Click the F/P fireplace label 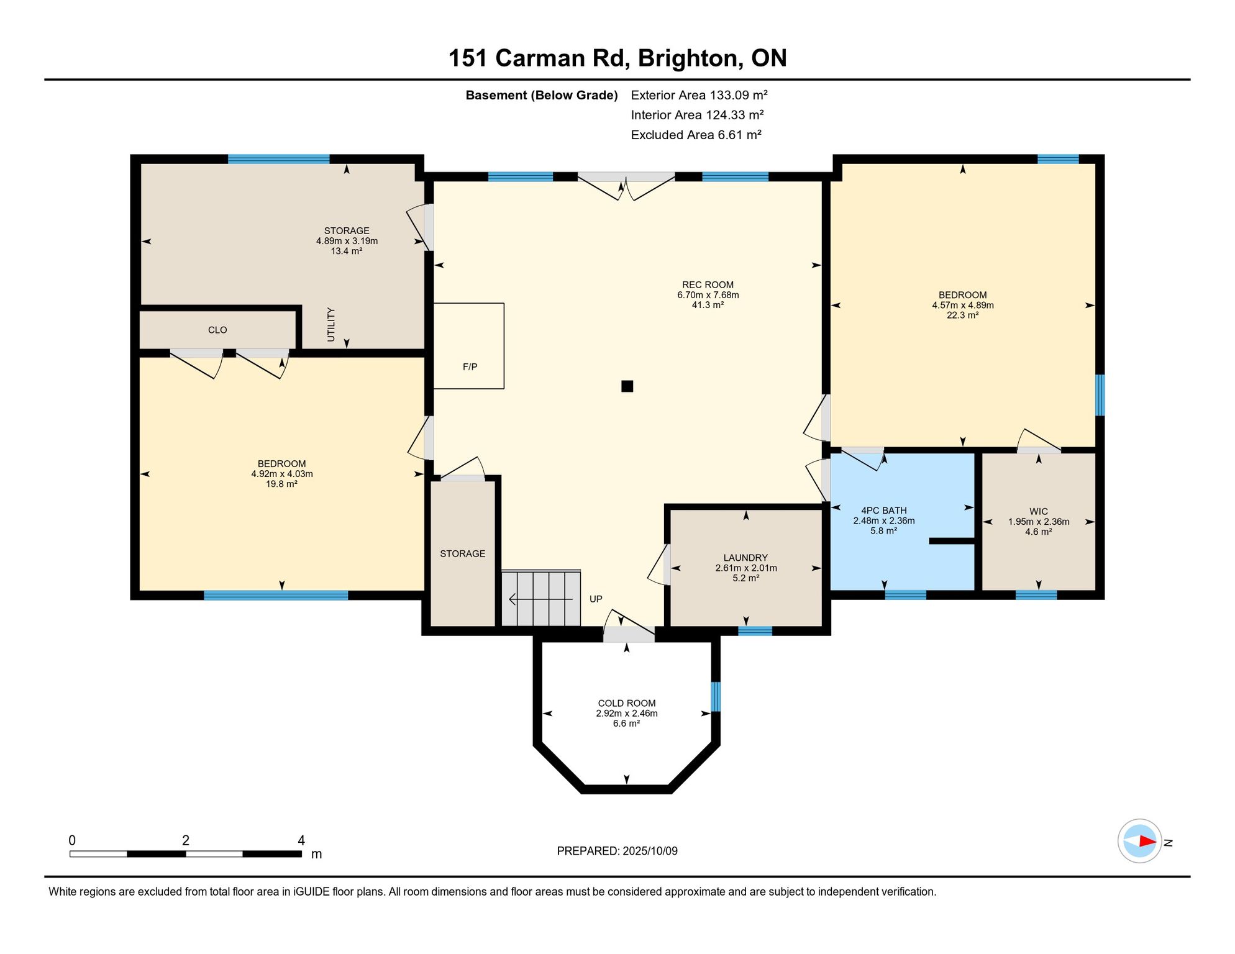470,367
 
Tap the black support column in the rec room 627,386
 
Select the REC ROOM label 708,285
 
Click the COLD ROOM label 627,704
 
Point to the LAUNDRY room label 745,558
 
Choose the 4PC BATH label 883,511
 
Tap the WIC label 1038,512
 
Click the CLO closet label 217,330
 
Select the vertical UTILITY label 331,324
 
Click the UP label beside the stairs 596,599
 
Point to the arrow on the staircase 540,599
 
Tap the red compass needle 1147,841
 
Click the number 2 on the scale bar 186,840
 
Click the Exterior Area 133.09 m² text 699,95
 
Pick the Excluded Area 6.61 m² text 696,135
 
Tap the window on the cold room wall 716,696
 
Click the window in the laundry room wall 755,631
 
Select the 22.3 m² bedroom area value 962,315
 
